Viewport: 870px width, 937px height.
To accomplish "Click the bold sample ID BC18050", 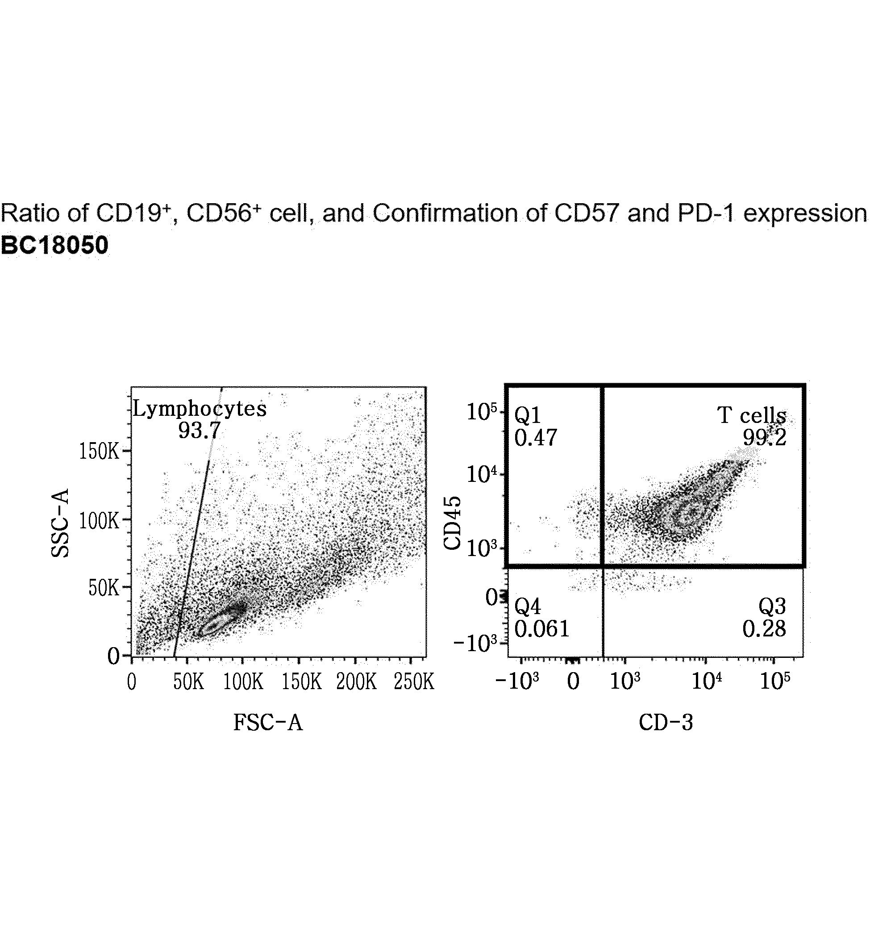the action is click(x=54, y=246).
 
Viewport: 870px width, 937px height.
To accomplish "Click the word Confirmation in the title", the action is click(x=445, y=213).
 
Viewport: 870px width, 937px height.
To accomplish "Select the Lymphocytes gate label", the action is click(x=200, y=409).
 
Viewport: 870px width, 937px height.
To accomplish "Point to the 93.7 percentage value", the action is click(x=199, y=430).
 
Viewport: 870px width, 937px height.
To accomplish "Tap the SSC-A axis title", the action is click(x=60, y=523).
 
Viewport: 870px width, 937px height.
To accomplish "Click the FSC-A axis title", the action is click(x=268, y=723).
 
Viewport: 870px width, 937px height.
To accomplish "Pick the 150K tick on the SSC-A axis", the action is click(x=100, y=451).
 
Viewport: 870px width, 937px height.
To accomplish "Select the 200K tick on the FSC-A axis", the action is click(x=356, y=682).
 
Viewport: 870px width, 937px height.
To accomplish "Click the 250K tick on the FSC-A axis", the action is click(x=414, y=682).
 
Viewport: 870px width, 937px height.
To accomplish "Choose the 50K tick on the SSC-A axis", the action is click(x=104, y=588).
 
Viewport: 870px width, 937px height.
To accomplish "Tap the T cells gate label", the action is click(x=752, y=415).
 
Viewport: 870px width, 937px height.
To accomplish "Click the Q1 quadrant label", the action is click(x=528, y=415).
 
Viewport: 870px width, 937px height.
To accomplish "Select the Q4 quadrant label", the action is click(x=528, y=607).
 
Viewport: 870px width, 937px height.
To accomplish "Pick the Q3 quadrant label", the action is click(x=773, y=607).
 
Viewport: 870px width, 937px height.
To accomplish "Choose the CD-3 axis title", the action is click(x=666, y=723).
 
